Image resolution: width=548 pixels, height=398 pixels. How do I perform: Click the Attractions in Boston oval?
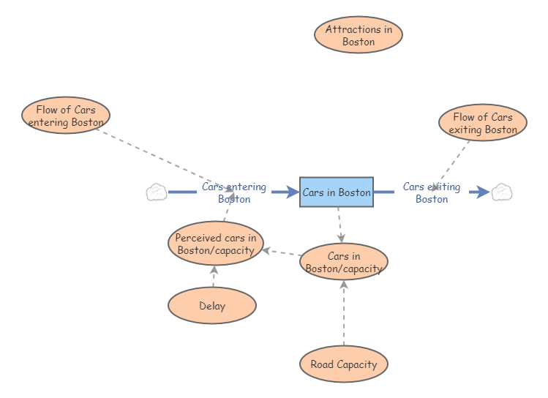(x=358, y=34)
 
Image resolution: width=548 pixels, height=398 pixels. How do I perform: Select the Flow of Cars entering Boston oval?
(x=66, y=116)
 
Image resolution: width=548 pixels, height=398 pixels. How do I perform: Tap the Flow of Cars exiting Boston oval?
(x=482, y=123)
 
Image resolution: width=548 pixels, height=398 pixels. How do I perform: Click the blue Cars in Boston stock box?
(x=337, y=192)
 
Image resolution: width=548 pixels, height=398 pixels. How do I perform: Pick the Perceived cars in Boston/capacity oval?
(x=215, y=244)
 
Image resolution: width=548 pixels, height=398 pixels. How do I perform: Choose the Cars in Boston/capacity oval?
(x=344, y=262)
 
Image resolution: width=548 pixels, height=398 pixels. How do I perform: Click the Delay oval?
(x=212, y=306)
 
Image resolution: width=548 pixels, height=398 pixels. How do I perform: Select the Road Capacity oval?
(x=344, y=364)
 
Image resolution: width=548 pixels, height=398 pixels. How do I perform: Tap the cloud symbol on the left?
(x=157, y=192)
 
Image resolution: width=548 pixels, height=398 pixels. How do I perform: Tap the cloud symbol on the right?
(x=501, y=192)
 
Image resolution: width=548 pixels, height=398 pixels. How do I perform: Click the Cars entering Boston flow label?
(x=234, y=192)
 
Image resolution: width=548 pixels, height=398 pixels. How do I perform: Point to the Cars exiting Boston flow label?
(x=432, y=192)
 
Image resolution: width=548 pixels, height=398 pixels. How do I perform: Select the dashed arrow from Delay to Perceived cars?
(x=214, y=277)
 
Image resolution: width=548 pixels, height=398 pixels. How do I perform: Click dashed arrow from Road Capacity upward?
(x=344, y=315)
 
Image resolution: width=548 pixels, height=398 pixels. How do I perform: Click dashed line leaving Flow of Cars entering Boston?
(x=161, y=157)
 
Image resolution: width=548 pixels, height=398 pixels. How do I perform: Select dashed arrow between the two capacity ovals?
(x=282, y=252)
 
